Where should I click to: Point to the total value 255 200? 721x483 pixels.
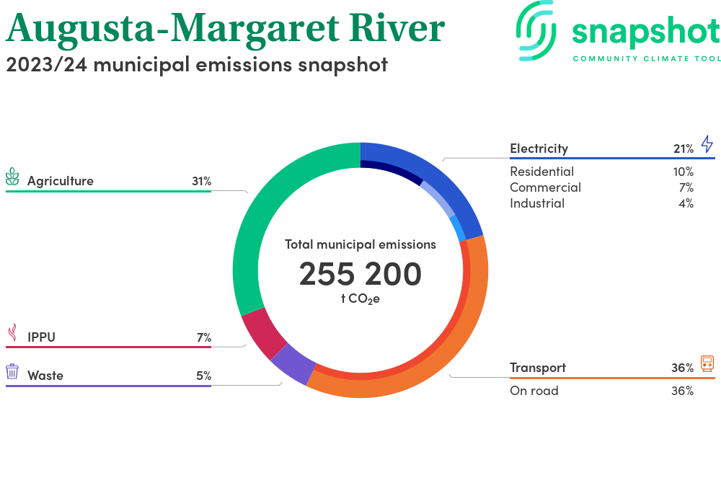pyautogui.click(x=360, y=274)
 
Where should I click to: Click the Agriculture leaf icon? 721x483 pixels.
pyautogui.click(x=12, y=177)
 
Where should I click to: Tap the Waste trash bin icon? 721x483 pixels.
pyautogui.click(x=12, y=371)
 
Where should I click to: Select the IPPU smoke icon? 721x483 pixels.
pyautogui.click(x=12, y=332)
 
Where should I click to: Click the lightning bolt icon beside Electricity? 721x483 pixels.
pyautogui.click(x=707, y=143)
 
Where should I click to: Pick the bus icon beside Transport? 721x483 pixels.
pyautogui.click(x=707, y=363)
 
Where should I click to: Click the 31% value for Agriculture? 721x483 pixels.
pyautogui.click(x=201, y=181)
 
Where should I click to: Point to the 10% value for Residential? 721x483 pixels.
pyautogui.click(x=683, y=172)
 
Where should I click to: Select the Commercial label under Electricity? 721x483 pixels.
pyautogui.click(x=545, y=187)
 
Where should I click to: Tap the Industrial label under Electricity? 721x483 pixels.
pyautogui.click(x=537, y=203)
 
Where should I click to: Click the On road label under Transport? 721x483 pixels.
pyautogui.click(x=534, y=391)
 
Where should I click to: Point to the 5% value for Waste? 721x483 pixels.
pyautogui.click(x=203, y=376)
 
